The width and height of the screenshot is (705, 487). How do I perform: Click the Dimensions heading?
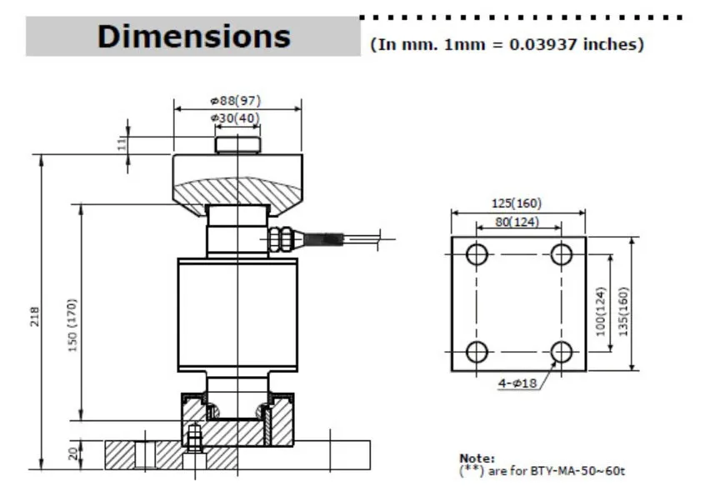coord(193,37)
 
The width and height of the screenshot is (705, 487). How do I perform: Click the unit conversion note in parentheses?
coord(507,44)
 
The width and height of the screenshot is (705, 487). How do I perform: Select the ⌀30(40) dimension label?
coord(236,118)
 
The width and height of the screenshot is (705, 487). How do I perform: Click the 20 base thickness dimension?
coord(72,454)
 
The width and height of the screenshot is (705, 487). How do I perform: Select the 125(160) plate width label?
coord(517,203)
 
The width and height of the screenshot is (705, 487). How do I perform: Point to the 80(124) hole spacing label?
coord(517,222)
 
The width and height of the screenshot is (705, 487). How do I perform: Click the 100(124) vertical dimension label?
coord(602,310)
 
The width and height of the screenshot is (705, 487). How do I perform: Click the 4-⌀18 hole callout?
coord(517,383)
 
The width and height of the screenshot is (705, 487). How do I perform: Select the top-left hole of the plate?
coord(476,254)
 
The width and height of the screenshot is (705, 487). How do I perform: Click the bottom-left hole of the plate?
coord(476,352)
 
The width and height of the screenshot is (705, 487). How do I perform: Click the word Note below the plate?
coord(477,458)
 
